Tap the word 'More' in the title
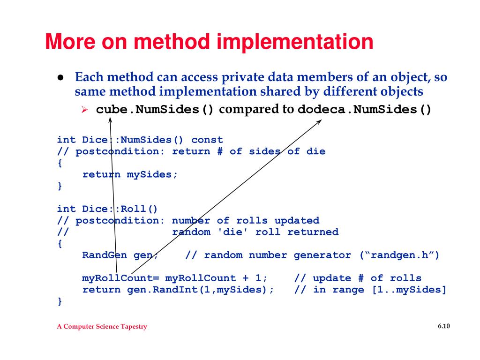click(71, 42)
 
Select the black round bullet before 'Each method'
click(61, 77)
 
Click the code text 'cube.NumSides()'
click(155, 110)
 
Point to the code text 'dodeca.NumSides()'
click(365, 110)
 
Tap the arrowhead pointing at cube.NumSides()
click(111, 120)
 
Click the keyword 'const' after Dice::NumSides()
click(207, 140)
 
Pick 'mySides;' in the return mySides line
click(152, 175)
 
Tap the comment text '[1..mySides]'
click(409, 290)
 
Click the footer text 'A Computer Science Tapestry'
click(102, 327)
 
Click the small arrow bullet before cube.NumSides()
click(85, 110)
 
